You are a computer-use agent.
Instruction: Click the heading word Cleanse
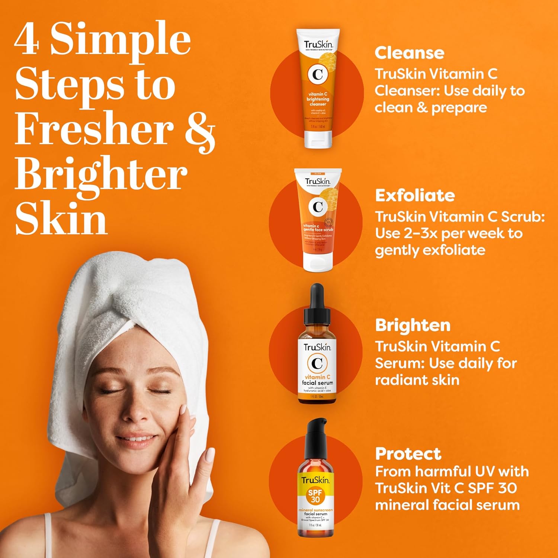[409, 53]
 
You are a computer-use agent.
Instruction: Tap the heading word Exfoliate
[415, 195]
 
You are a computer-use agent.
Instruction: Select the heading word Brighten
[413, 325]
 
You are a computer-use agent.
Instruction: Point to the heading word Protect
[408, 454]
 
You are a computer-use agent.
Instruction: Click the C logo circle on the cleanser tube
[317, 74]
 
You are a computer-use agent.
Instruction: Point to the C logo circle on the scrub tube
[318, 207]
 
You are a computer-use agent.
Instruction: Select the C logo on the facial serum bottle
[317, 363]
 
